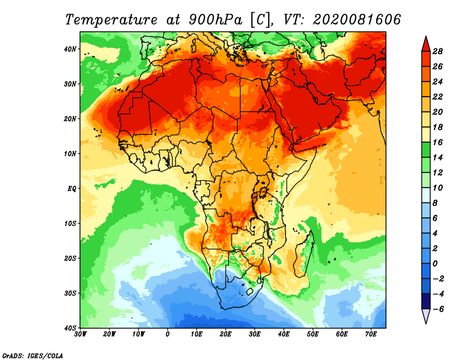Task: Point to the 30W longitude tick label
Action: pyautogui.click(x=80, y=334)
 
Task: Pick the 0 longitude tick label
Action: pyautogui.click(x=168, y=334)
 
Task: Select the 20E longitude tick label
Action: pyautogui.click(x=225, y=334)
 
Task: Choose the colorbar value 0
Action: pyautogui.click(x=438, y=263)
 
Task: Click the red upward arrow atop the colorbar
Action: pyautogui.click(x=425, y=43)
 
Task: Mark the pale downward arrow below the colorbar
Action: pyautogui.click(x=425, y=316)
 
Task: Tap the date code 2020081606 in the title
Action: pyautogui.click(x=356, y=19)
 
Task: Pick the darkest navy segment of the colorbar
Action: pyautogui.click(x=425, y=301)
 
